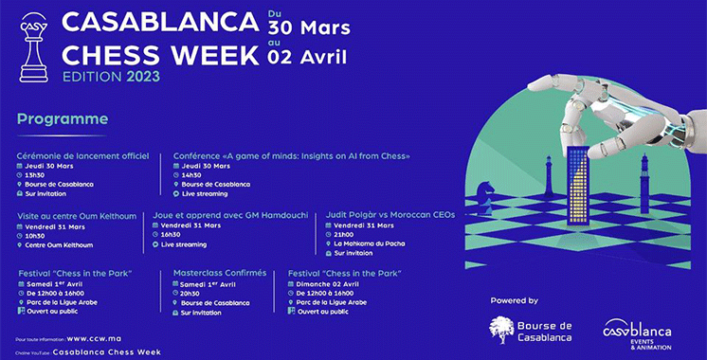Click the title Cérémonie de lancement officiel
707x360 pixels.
[x=82, y=155]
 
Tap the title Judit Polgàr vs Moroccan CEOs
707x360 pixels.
[x=390, y=215]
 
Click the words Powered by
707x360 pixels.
[x=514, y=300]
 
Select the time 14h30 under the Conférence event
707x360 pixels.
[x=194, y=174]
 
